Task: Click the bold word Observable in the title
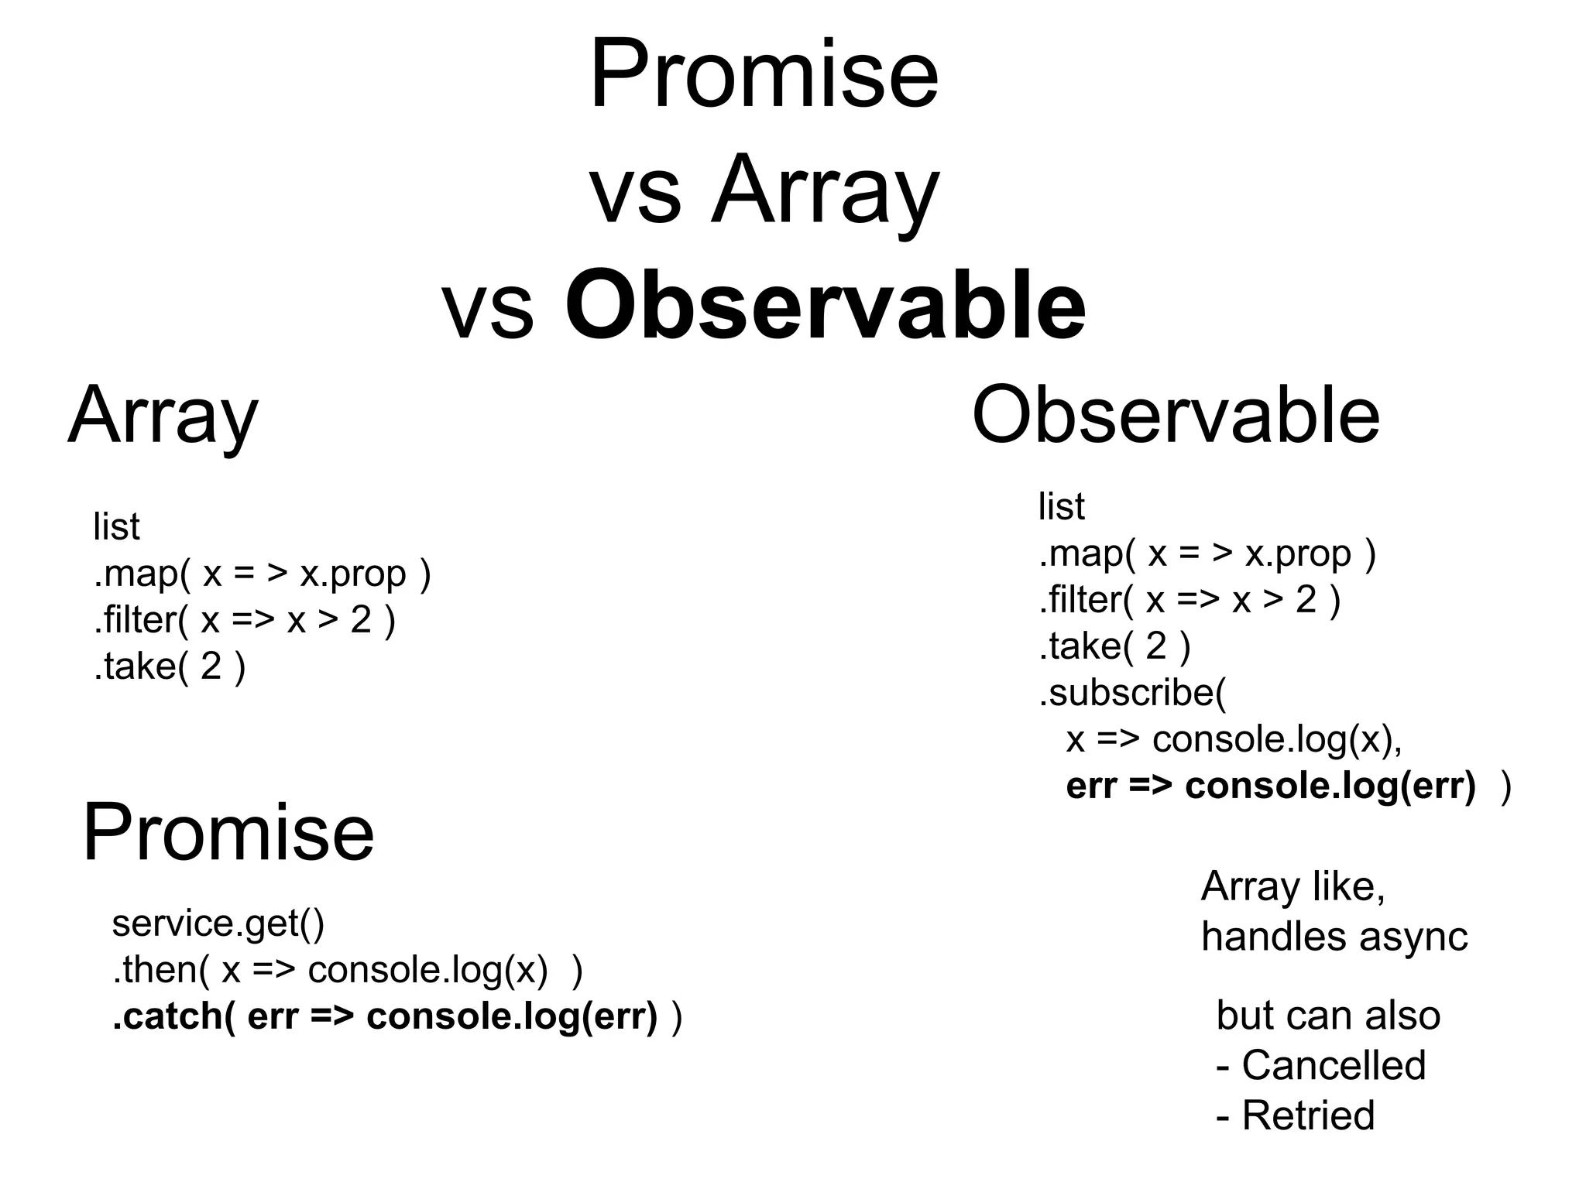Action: coord(826,305)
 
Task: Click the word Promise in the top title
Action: coord(764,76)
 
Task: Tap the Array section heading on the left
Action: coord(163,416)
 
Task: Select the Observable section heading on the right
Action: coord(1176,415)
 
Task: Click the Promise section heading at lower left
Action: coord(228,833)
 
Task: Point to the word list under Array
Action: coord(116,528)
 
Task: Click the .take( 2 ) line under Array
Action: coord(169,666)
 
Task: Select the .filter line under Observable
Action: coord(1189,600)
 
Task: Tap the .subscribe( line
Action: coord(1132,693)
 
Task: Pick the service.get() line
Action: coord(218,923)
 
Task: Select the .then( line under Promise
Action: coord(347,970)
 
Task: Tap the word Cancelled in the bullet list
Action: coord(1334,1065)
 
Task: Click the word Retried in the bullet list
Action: coord(1308,1115)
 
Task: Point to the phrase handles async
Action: coord(1334,937)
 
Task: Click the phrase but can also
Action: coord(1327,1016)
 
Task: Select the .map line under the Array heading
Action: coord(262,574)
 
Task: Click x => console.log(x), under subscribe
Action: coord(1234,739)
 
